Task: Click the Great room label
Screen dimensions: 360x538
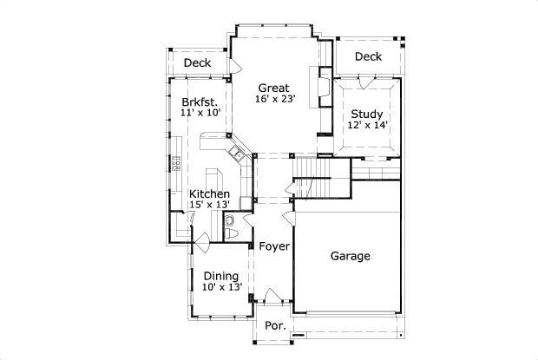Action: point(273,88)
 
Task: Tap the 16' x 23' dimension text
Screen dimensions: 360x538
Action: point(275,99)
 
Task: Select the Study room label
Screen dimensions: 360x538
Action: point(366,115)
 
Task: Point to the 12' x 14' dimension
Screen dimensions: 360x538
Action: point(367,126)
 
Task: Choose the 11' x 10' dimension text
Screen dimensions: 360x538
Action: point(201,113)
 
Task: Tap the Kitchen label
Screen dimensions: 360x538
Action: point(209,193)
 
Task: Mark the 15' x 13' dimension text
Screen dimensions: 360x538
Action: point(209,205)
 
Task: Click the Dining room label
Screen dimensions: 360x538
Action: point(221,276)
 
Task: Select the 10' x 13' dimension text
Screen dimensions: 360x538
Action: point(221,287)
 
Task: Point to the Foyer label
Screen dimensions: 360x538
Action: point(274,246)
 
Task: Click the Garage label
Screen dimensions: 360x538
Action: point(351,256)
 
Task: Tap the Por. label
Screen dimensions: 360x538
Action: point(275,326)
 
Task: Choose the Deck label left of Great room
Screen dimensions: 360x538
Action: point(197,62)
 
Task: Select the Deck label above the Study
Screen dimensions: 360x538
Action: point(368,57)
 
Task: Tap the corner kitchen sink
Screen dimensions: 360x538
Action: point(234,154)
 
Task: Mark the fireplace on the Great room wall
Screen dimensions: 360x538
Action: point(323,87)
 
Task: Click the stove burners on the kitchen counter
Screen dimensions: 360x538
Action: point(175,162)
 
